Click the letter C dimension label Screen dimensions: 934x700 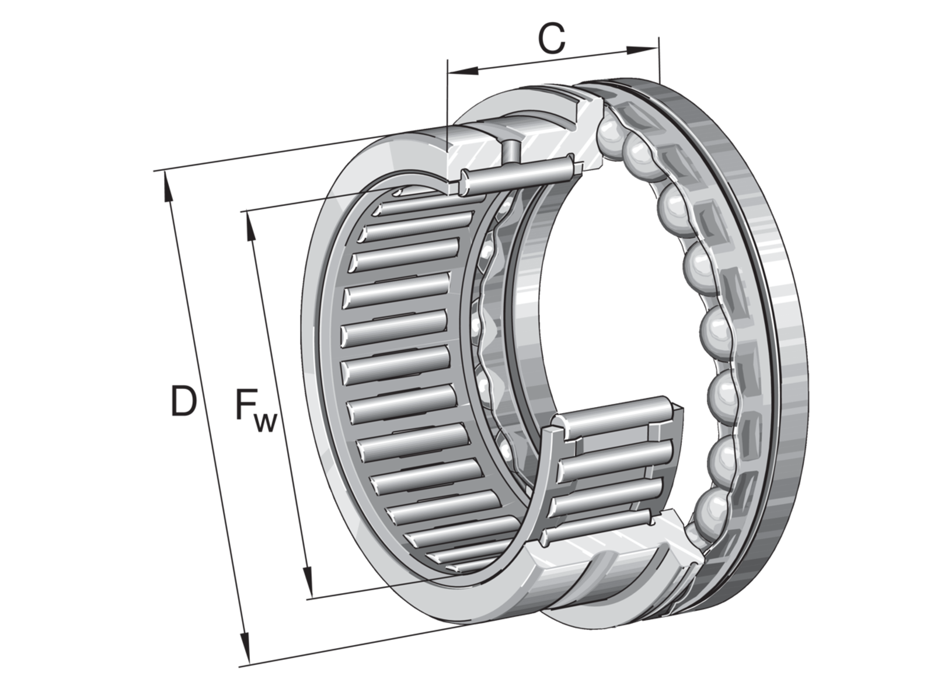[552, 38]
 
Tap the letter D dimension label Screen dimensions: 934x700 [183, 400]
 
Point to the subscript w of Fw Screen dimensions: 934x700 [266, 422]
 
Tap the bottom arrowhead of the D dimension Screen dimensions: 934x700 [245, 647]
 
